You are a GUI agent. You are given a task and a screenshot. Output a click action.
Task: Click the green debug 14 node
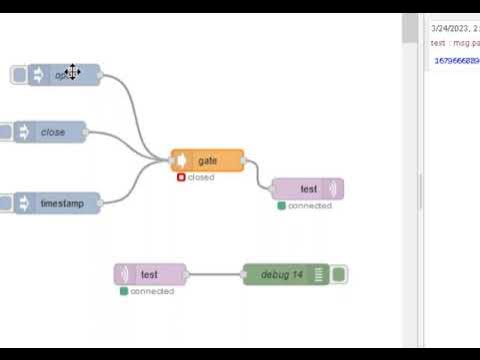pyautogui.click(x=282, y=274)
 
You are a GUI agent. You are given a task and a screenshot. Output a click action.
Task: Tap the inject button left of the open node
pyautogui.click(x=18, y=75)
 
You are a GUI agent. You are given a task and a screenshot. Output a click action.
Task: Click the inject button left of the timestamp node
pyautogui.click(x=6, y=203)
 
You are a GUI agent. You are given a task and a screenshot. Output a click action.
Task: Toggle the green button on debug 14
pyautogui.click(x=339, y=274)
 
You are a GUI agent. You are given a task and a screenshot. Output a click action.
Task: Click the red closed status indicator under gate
pyautogui.click(x=181, y=178)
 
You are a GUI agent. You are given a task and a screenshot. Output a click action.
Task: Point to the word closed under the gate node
pyautogui.click(x=201, y=178)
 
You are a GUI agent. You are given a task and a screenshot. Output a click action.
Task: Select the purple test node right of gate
pyautogui.click(x=307, y=189)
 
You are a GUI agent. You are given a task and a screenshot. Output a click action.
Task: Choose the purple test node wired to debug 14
pyautogui.click(x=150, y=274)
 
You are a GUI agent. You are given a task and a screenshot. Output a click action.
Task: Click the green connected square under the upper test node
pyautogui.click(x=281, y=206)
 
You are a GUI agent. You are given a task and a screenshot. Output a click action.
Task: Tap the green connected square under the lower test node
pyautogui.click(x=123, y=292)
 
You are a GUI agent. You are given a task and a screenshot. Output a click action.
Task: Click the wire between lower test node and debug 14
pyautogui.click(x=214, y=274)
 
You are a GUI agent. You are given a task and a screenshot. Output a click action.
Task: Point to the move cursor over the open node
pyautogui.click(x=72, y=72)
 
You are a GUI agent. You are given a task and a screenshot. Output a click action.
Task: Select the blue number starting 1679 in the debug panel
pyautogui.click(x=456, y=61)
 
